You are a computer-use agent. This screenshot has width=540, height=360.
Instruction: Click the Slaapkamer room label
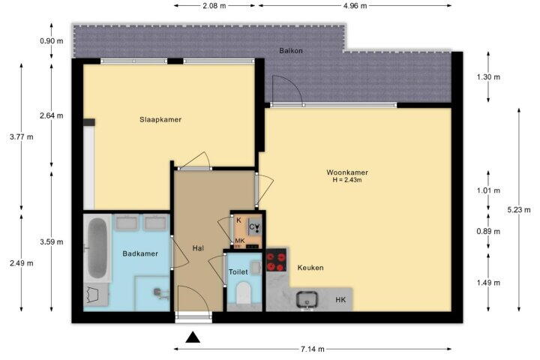[x=160, y=120]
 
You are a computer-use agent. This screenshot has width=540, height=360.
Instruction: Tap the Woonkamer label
[x=347, y=172]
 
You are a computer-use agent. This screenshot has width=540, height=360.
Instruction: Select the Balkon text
[x=291, y=51]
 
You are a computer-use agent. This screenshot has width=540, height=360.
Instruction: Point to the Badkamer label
[x=140, y=254]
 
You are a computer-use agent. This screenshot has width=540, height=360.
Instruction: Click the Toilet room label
[x=238, y=272]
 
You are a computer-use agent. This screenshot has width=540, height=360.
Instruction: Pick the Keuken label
[x=310, y=268]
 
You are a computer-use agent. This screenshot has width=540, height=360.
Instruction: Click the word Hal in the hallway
[x=198, y=248]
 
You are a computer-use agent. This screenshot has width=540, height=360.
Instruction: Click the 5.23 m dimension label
[x=519, y=210]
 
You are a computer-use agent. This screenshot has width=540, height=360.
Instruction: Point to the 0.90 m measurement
[x=52, y=41]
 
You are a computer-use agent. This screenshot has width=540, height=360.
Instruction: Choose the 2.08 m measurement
[x=214, y=6]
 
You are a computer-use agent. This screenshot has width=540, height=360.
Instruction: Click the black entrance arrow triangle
[x=193, y=337]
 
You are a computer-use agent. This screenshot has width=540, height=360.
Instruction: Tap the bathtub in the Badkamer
[x=97, y=248]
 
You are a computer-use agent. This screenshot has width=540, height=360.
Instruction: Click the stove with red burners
[x=276, y=262]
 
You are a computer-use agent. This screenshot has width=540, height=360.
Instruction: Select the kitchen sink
[x=307, y=299]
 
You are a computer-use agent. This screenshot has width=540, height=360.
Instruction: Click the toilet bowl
[x=244, y=292]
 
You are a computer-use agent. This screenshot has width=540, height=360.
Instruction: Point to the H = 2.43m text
[x=347, y=180]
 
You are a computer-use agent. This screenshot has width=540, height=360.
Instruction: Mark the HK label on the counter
[x=340, y=300]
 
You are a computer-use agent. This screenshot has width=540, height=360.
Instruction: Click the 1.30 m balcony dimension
[x=488, y=77]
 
